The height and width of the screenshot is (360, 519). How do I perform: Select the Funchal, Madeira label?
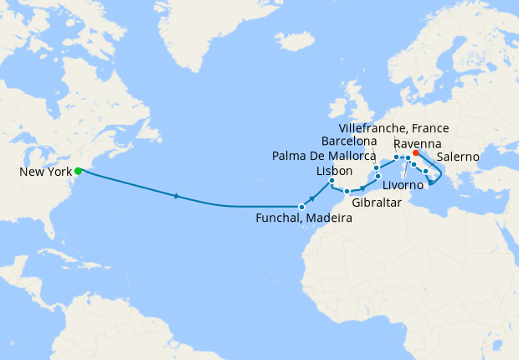pos(303,219)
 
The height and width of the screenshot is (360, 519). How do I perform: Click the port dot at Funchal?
pos(301,206)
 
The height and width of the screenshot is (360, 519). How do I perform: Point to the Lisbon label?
pos(329,170)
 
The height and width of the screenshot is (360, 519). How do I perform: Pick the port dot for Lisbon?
pos(332,181)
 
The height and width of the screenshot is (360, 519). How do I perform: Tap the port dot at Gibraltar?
pos(347,192)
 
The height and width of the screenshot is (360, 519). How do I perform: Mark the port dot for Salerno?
pos(426,172)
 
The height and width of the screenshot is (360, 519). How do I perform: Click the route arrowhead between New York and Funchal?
pos(177,197)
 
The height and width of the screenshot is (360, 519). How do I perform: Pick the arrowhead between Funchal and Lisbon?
pos(312,198)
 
